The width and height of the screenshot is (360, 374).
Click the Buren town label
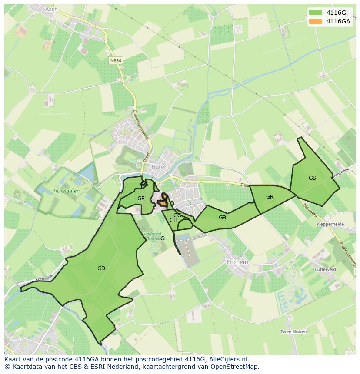pos(159,167)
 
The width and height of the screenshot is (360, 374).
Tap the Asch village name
pos(51,9)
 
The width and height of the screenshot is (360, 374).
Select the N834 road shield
pos(116,61)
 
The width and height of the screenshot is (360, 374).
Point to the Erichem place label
pos(237,262)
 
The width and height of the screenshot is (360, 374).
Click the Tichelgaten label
pos(66,190)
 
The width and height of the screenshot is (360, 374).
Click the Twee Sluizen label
pos(293,331)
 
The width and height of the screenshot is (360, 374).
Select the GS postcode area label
pos(312,178)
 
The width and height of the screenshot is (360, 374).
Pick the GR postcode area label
pos(270,197)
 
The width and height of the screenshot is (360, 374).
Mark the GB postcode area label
pos(222,218)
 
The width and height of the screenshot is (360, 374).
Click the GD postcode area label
pos(101,268)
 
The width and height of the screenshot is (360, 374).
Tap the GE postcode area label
pos(141,199)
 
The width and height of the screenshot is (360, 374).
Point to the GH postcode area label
pos(173,220)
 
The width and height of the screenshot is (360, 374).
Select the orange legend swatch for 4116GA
pos(315,21)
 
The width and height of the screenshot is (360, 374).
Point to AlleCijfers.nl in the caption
pos(228,359)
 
